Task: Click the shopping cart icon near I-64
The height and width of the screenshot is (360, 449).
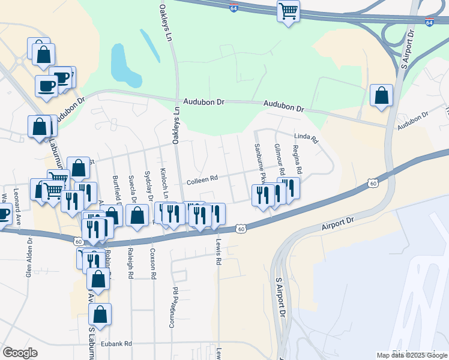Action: pyautogui.click(x=288, y=11)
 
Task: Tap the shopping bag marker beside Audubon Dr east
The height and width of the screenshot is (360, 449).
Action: pyautogui.click(x=382, y=95)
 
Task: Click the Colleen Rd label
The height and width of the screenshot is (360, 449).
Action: pyautogui.click(x=201, y=179)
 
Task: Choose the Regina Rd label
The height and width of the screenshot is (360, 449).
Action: pyautogui.click(x=297, y=158)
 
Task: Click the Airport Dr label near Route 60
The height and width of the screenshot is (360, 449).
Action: pyautogui.click(x=338, y=221)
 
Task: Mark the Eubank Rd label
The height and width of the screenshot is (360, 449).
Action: pyautogui.click(x=116, y=344)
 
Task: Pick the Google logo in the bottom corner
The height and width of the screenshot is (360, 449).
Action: pyautogui.click(x=20, y=352)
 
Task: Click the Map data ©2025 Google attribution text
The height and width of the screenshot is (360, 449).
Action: pyautogui.click(x=412, y=355)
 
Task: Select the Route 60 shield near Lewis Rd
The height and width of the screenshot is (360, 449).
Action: pyautogui.click(x=241, y=229)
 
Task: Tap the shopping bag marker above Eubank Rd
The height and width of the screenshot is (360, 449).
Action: pyautogui.click(x=100, y=314)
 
